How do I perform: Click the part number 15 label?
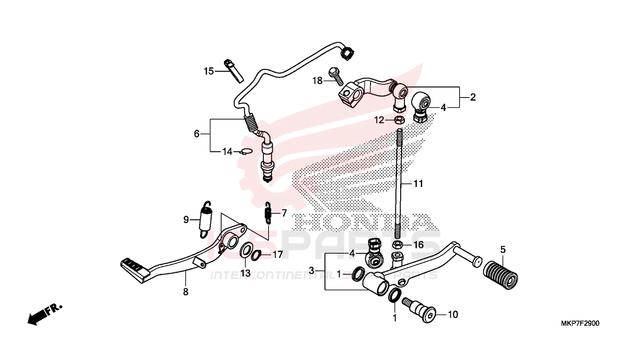208,71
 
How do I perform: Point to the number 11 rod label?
418,184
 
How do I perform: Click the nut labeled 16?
397,245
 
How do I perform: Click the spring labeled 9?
206,218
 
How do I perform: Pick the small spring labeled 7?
268,212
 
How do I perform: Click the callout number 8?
186,292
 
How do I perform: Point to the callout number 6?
197,134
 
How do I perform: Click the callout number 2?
473,97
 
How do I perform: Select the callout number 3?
311,271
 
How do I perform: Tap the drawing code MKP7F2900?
580,323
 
